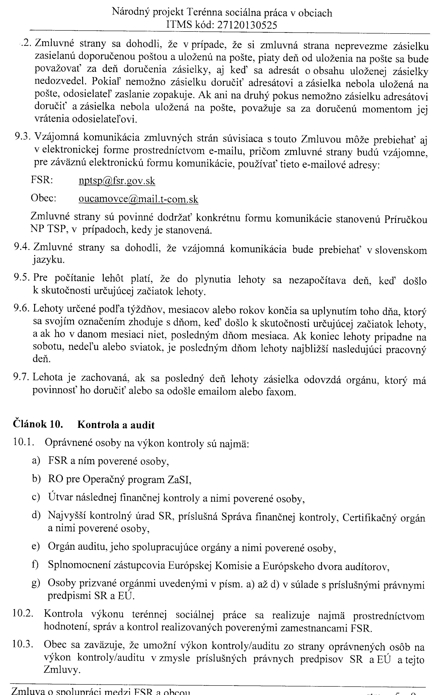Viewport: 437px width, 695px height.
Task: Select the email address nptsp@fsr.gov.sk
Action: point(117,181)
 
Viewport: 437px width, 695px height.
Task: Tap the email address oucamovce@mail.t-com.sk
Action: point(139,199)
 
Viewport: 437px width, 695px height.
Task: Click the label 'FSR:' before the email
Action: point(42,180)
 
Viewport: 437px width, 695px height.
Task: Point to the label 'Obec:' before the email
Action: point(43,198)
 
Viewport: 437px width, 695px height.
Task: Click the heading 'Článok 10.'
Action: point(38,425)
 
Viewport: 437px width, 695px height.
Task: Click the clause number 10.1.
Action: point(24,442)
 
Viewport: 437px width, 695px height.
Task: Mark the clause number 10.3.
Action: point(23,645)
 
